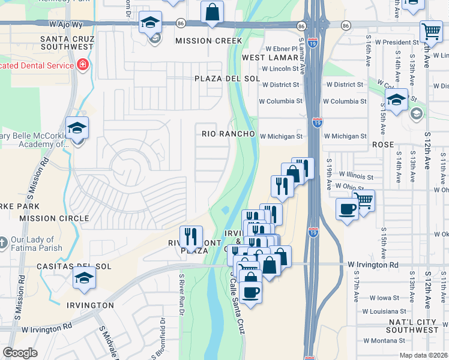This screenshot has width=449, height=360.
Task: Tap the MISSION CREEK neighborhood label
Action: click(x=208, y=41)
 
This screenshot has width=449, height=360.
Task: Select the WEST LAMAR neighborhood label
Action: click(x=270, y=58)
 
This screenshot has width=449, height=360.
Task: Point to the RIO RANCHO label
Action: click(x=228, y=133)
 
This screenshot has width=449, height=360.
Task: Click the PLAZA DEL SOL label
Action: click(x=227, y=79)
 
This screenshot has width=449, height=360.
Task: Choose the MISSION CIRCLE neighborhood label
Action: click(x=46, y=218)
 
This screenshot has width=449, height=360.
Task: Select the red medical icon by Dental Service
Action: click(x=83, y=65)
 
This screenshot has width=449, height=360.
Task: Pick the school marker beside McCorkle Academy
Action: click(x=77, y=128)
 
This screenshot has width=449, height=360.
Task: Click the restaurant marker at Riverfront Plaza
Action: click(x=191, y=236)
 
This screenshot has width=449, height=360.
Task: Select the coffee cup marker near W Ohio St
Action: click(x=347, y=209)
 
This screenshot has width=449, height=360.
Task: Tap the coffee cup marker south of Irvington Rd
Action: click(x=250, y=292)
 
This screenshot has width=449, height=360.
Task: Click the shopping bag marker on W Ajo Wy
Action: click(x=212, y=12)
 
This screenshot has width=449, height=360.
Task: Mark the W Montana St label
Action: click(x=386, y=340)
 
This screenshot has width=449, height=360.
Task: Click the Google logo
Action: click(x=20, y=353)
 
